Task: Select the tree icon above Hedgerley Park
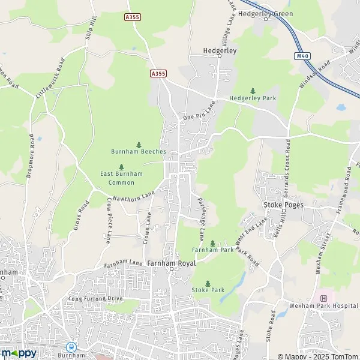click(252, 91)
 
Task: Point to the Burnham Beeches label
click(139, 151)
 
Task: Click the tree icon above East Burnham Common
click(121, 167)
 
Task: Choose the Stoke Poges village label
click(284, 205)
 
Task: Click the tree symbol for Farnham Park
click(212, 243)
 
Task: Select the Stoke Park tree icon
click(208, 283)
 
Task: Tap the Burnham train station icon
click(71, 347)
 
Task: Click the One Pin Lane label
click(199, 111)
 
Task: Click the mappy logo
click(19, 353)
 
